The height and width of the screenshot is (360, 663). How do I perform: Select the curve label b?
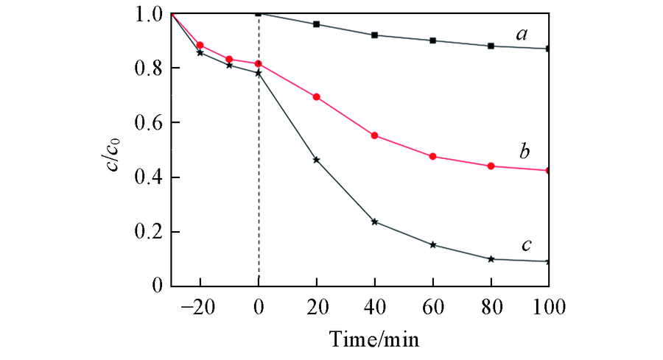[x=524, y=152]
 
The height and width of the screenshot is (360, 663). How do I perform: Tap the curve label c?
[x=526, y=244]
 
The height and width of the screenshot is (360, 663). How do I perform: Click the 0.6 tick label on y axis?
[x=147, y=122]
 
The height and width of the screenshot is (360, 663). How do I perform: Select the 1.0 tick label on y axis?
[x=147, y=13]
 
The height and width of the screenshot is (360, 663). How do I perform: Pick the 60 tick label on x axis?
[x=432, y=305]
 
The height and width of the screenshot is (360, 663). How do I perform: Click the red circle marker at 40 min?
[x=375, y=135]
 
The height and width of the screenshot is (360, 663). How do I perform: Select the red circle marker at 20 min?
[x=317, y=97]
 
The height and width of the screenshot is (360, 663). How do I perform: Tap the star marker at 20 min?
[x=317, y=160]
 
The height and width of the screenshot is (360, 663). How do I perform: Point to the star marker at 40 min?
[x=375, y=222]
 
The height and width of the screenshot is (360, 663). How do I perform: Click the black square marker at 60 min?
[x=433, y=40]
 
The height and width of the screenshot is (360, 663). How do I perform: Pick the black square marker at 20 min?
[x=317, y=24]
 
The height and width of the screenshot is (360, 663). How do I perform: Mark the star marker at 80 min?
[x=491, y=259]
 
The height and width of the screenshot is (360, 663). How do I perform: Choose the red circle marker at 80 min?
[x=491, y=166]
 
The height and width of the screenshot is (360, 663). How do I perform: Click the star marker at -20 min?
[x=200, y=52]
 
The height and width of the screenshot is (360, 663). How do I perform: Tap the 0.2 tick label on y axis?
[x=147, y=232]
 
